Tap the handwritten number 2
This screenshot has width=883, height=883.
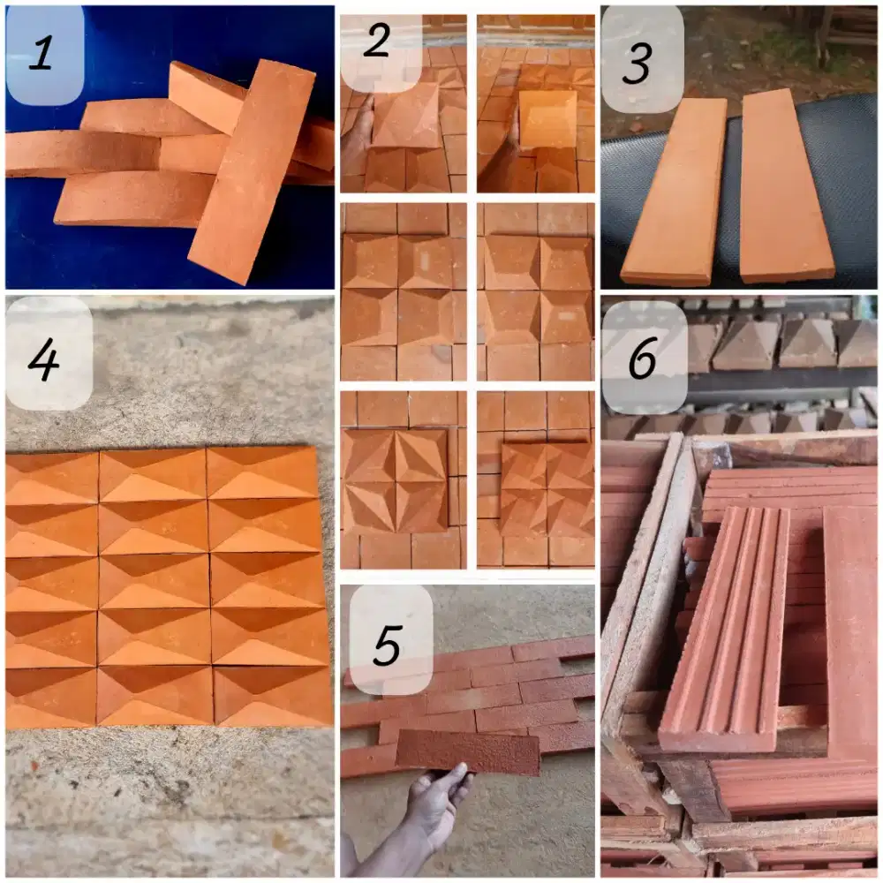point(377,41)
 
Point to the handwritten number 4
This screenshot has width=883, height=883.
point(43,359)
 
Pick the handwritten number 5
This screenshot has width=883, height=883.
point(387,645)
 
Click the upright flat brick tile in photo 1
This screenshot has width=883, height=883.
point(251,172)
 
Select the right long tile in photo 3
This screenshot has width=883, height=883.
point(786,185)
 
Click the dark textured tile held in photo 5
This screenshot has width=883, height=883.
point(468,752)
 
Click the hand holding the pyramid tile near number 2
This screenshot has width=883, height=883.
point(356,131)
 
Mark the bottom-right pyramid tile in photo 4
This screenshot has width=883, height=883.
point(274,696)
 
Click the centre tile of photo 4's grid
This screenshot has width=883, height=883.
point(155,581)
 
